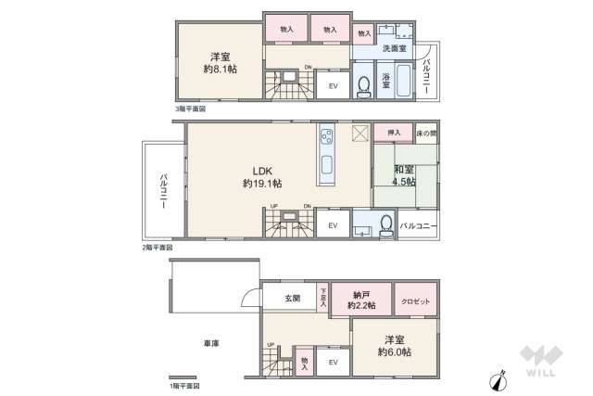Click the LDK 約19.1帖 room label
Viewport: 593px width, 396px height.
click(262, 177)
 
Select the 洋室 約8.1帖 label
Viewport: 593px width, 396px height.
click(220, 62)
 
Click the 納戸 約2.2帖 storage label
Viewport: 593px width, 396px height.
click(361, 299)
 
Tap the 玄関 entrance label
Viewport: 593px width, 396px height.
click(293, 299)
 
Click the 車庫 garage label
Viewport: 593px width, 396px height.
click(211, 342)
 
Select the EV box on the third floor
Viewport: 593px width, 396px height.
click(334, 86)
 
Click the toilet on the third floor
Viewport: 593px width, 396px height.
click(364, 83)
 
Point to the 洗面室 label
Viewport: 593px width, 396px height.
click(394, 48)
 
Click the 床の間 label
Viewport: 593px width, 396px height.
click(426, 134)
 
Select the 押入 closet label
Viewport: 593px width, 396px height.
click(394, 134)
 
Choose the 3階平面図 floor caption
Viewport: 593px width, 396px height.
click(191, 109)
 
